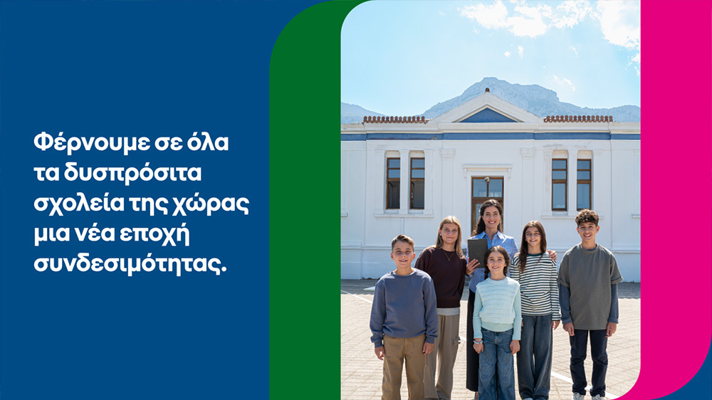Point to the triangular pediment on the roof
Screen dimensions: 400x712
(488, 112)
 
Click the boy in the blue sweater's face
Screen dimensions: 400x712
(402, 252)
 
